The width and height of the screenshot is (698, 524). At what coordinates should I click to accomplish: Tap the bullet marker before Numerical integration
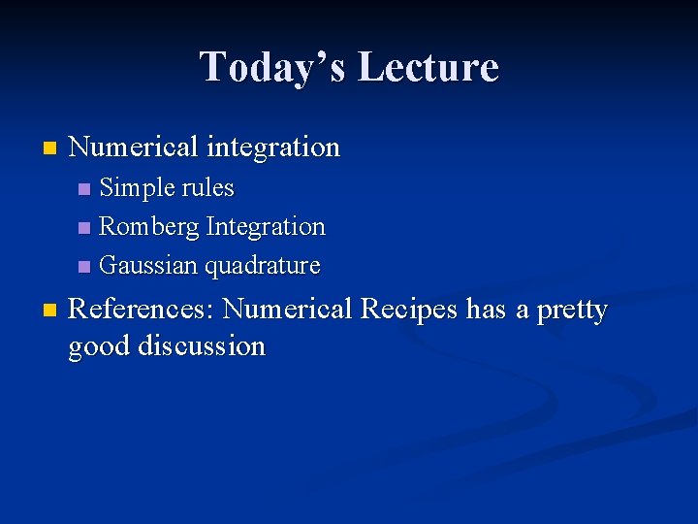click(x=49, y=149)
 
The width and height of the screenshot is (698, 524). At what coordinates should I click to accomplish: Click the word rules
click(x=208, y=187)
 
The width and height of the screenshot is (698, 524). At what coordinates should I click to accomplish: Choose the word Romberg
click(x=149, y=226)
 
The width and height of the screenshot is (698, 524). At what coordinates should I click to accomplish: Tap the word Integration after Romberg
click(x=266, y=226)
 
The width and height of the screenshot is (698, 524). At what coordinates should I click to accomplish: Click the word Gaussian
click(x=148, y=265)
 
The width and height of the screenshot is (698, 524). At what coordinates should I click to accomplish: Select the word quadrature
click(x=262, y=266)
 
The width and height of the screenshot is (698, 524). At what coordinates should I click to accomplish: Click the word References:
click(x=142, y=310)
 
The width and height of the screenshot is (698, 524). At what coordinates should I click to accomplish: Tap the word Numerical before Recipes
click(x=288, y=310)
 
